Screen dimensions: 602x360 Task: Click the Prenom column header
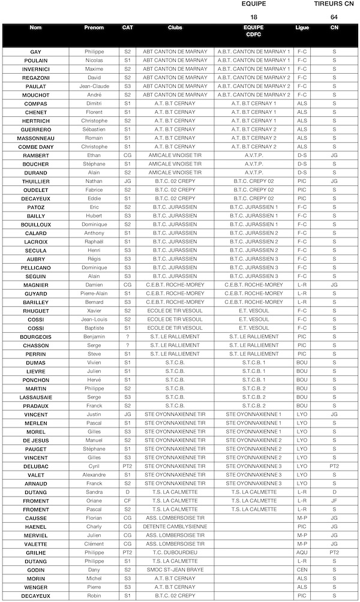pos(94,28)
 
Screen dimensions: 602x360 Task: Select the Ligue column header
pos(302,28)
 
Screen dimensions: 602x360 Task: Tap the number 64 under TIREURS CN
pos(334,17)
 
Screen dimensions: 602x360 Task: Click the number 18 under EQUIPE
pos(254,17)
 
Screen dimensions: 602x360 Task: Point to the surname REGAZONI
pos(36,77)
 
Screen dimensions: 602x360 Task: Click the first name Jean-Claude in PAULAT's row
pos(94,86)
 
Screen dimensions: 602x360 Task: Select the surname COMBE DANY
pos(36,147)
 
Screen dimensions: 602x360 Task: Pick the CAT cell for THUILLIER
pos(127,181)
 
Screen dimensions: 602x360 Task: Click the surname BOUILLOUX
pos(36,224)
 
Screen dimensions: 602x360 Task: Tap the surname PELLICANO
pos(36,267)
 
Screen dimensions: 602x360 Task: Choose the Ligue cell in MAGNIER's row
pos(302,285)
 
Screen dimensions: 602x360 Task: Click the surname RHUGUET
pos(36,311)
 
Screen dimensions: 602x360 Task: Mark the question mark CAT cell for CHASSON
pos(127,345)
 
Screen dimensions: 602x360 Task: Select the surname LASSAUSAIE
pos(36,397)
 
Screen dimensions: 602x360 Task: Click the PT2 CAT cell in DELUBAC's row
pos(127,466)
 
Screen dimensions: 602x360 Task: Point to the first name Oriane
pos(94,501)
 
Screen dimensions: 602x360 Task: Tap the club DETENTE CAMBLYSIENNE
pos(175,526)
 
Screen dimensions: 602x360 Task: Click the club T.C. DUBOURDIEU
pos(175,552)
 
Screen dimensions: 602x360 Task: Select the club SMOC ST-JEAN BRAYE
pos(175,570)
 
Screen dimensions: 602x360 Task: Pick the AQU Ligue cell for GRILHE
pos(302,552)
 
